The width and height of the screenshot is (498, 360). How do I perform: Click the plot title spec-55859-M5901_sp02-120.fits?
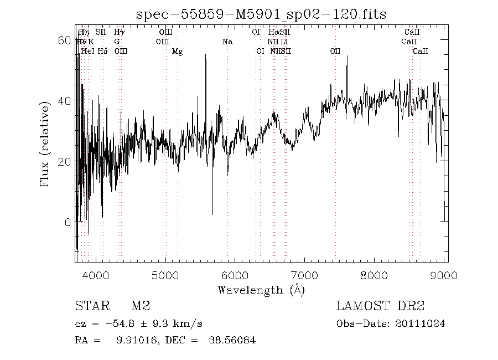pyautogui.click(x=261, y=14)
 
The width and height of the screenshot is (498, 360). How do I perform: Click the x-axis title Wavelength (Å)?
pyautogui.click(x=261, y=290)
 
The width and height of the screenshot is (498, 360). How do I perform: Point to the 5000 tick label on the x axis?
pyautogui.click(x=165, y=275)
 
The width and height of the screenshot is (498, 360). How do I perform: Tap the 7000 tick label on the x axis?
pyautogui.click(x=304, y=275)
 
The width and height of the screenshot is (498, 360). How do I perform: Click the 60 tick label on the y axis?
pyautogui.click(x=65, y=40)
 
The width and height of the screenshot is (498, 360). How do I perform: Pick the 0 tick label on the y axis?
pyautogui.click(x=68, y=222)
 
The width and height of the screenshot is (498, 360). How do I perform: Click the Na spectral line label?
pyautogui.click(x=227, y=42)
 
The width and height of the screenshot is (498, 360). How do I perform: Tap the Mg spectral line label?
pyautogui.click(x=177, y=52)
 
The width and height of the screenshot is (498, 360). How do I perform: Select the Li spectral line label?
pyautogui.click(x=284, y=42)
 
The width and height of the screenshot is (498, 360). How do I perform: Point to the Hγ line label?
pyautogui.click(x=119, y=33)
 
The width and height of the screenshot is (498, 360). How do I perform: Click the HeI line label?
pyautogui.click(x=87, y=52)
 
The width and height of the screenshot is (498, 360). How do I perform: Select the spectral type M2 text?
pyautogui.click(x=141, y=306)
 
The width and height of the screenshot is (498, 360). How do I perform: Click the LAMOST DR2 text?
pyautogui.click(x=380, y=306)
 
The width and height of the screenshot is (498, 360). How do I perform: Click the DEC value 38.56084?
pyautogui.click(x=232, y=341)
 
